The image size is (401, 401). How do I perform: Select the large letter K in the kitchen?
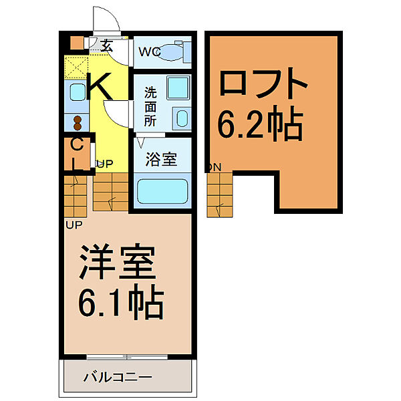(100, 87)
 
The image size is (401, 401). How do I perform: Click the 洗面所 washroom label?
(150, 106)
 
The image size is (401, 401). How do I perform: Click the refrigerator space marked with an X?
(77, 67)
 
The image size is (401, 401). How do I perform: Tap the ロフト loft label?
(264, 85)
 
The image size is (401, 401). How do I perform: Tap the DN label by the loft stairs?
(214, 167)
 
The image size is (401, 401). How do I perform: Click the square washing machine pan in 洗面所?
(177, 88)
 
